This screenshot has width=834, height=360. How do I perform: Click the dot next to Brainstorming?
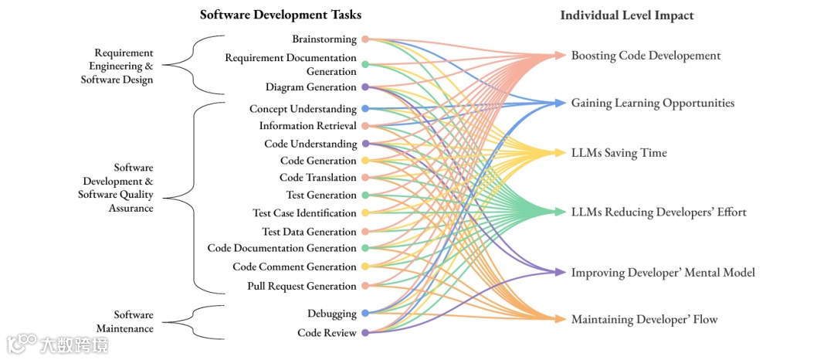(365, 39)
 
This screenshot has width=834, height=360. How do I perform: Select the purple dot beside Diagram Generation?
(365, 87)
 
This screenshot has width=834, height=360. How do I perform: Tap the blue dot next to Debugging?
(365, 314)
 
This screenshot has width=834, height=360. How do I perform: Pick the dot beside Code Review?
(365, 333)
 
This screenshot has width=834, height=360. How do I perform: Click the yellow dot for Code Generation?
(365, 161)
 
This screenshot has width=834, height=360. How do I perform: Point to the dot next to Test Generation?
(365, 195)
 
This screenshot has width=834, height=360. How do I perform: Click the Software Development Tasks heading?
(280, 15)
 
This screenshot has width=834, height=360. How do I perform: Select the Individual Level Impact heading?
(627, 15)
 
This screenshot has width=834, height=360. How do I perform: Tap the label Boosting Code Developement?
(646, 56)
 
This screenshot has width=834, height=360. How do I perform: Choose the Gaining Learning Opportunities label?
(653, 103)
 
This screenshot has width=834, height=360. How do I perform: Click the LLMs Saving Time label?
(619, 153)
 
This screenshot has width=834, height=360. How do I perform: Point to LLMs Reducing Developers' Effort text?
(659, 212)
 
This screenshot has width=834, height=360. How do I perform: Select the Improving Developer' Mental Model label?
(663, 272)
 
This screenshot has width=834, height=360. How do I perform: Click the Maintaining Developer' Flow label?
(644, 319)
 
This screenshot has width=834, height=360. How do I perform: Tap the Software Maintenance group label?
(134, 321)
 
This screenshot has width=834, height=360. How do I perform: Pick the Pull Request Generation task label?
(302, 286)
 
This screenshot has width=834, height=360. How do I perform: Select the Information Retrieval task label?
(307, 126)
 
